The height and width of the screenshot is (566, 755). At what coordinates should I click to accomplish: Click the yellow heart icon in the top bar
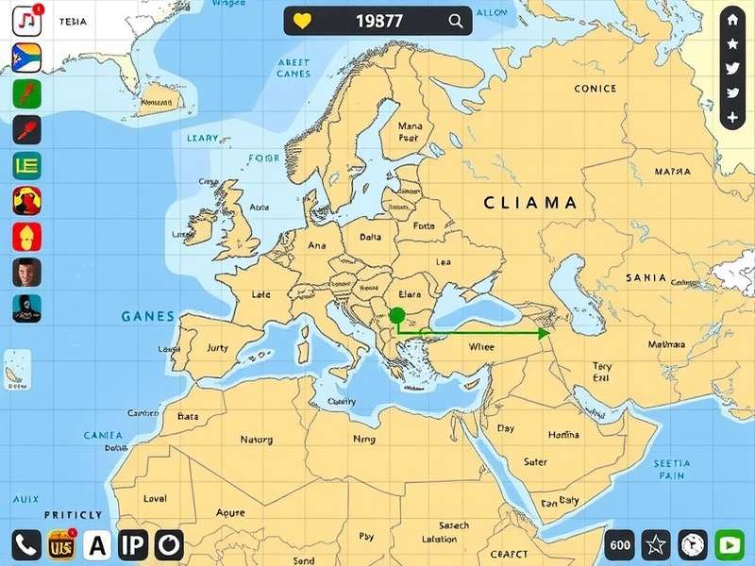click(x=302, y=21)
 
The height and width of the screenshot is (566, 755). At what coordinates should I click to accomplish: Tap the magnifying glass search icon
click(x=456, y=21)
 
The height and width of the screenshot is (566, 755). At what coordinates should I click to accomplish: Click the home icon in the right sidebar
click(x=732, y=20)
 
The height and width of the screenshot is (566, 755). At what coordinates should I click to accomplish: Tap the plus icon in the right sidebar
click(x=732, y=118)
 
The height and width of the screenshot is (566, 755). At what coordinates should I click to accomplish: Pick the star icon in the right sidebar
click(x=732, y=44)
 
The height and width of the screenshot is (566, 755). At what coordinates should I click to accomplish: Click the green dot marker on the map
click(x=396, y=315)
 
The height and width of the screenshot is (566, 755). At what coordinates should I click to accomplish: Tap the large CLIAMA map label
click(x=529, y=202)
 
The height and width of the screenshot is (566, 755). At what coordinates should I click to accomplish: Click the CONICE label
click(x=595, y=89)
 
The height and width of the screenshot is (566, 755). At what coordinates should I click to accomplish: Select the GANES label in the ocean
click(x=148, y=317)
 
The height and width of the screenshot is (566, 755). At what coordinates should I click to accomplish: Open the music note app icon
click(x=25, y=18)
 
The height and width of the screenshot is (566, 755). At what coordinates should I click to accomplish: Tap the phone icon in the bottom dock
click(x=25, y=544)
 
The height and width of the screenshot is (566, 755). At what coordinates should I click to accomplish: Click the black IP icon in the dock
click(x=133, y=544)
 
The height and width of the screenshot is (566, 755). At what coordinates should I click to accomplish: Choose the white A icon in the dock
click(x=97, y=544)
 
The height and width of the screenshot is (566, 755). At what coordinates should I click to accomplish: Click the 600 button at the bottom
click(x=620, y=544)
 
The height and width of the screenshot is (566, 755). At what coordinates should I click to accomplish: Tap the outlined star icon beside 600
click(x=656, y=544)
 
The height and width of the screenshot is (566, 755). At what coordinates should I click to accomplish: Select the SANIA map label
click(x=646, y=278)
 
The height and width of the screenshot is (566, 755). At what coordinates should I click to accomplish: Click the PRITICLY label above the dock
click(x=73, y=515)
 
